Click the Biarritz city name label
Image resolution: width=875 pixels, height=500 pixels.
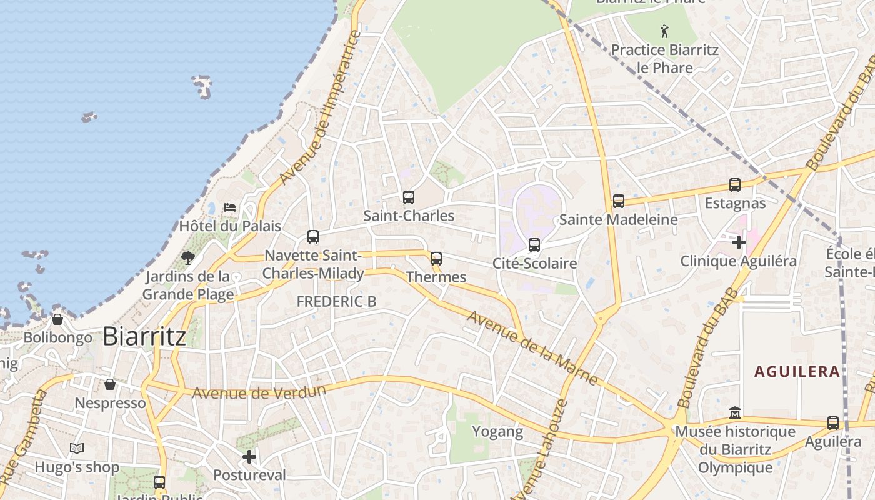pos(144,337)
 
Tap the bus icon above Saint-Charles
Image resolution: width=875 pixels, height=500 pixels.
pos(409,197)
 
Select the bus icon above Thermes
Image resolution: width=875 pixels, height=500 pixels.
pos(436,258)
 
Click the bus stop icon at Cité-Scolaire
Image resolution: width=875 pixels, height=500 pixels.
pos(534,245)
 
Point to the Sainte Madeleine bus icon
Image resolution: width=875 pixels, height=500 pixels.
pos(619,201)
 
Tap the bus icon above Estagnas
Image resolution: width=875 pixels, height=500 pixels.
pos(735,185)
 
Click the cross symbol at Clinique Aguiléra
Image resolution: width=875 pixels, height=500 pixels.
pos(739,242)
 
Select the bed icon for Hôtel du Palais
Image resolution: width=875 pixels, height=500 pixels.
pos(230,207)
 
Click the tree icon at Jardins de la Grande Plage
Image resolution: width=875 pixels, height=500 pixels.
pos(187,257)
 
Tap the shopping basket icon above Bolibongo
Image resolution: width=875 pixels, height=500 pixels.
pos(57,319)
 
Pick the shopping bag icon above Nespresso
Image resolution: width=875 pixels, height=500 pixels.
pos(110,384)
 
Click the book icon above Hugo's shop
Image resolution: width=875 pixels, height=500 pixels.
pos(77,448)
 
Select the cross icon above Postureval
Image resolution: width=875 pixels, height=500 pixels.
pos(249,457)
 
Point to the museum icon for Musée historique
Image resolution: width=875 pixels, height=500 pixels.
pos(735,413)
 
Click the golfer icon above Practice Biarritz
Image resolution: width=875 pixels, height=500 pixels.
pos(664,31)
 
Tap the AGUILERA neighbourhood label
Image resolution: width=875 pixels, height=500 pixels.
pos(797,372)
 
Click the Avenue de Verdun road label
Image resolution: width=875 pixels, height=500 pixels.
pos(259,393)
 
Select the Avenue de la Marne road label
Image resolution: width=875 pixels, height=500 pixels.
pos(532,347)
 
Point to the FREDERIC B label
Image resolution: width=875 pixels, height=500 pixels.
pos(336,301)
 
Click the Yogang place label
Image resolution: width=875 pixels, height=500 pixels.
pos(497,431)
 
